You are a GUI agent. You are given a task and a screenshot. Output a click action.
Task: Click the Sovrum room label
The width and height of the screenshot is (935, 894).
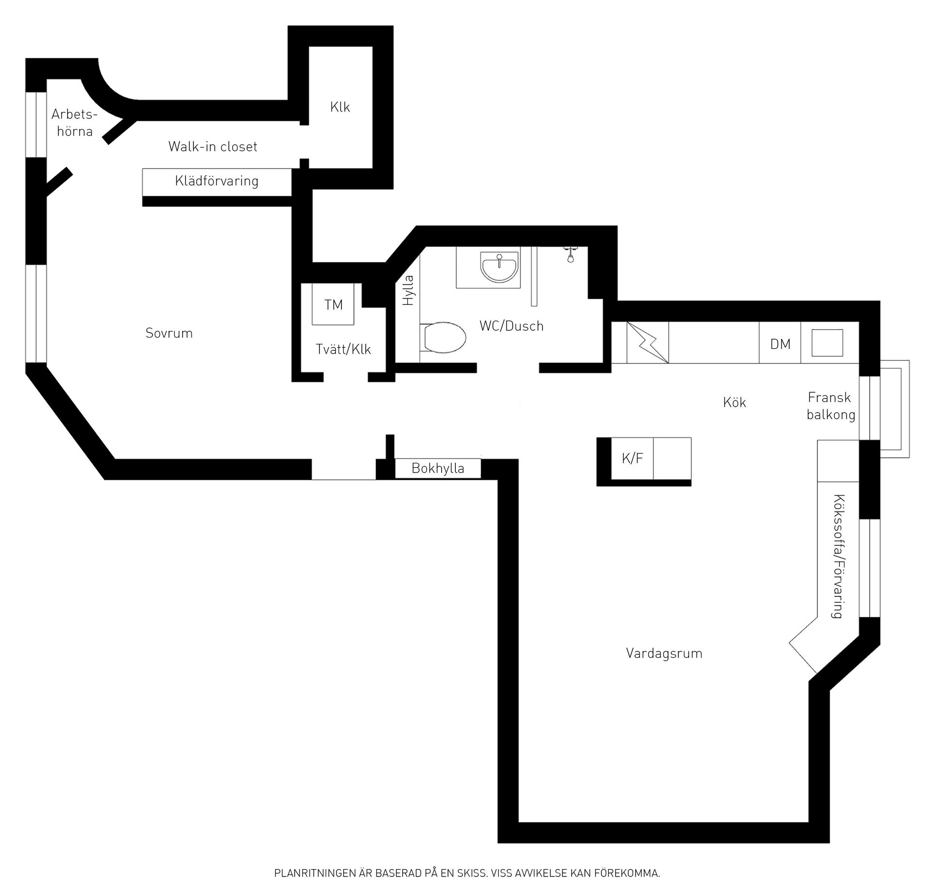tap(169, 333)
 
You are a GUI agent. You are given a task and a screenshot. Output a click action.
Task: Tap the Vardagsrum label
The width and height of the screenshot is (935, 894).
tap(664, 653)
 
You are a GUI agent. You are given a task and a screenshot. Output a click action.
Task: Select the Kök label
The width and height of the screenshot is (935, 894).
tap(734, 402)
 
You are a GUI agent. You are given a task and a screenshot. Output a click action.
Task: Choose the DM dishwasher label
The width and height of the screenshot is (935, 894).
tap(780, 344)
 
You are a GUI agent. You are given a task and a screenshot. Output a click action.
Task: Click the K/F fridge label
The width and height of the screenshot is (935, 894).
tap(632, 458)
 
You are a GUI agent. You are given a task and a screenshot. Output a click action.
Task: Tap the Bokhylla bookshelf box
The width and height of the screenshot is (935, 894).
tap(438, 469)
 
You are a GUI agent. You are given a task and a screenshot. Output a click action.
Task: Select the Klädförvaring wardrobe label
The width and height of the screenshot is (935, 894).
tap(217, 181)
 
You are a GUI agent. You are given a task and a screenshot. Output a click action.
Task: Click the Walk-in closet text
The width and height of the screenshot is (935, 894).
tap(213, 146)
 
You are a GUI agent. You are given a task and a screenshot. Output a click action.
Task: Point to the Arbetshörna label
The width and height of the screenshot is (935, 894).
tap(75, 123)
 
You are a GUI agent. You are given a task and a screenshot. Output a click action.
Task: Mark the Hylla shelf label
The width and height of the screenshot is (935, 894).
tap(408, 290)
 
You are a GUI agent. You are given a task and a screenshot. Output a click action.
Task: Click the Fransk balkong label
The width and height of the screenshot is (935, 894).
tap(831, 406)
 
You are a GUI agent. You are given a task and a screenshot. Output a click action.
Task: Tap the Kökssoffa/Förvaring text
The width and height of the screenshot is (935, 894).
tap(839, 556)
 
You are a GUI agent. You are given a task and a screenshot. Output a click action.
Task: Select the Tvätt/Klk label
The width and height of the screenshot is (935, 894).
tap(343, 349)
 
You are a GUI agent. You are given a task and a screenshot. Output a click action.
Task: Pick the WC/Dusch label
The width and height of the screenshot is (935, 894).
tap(511, 326)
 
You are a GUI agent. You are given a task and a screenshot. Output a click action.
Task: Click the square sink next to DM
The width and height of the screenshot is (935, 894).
tap(827, 342)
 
